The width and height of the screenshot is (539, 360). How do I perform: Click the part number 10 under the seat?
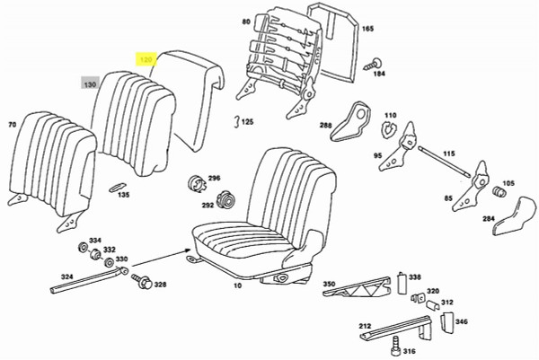pyautogui.click(x=237, y=285)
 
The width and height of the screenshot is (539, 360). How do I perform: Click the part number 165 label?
pyautogui.click(x=367, y=30)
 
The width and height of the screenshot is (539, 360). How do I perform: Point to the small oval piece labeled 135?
pyautogui.click(x=116, y=187)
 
